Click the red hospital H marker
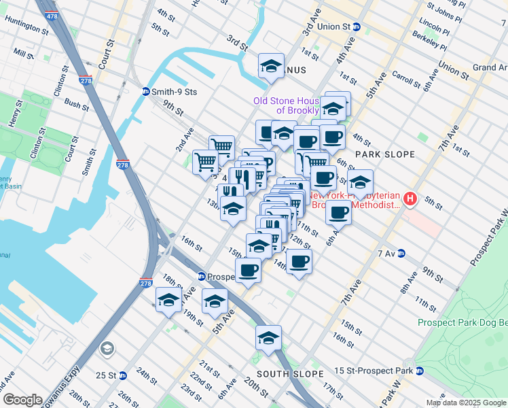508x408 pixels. point(410,199)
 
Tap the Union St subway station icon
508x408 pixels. point(357,27)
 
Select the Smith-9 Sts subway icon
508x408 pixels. point(145,91)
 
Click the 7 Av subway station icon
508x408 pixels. point(401,253)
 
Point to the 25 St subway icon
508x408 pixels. point(123,375)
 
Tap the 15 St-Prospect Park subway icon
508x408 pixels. point(419,371)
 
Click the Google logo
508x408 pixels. point(22,400)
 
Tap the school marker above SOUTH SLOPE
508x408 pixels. point(268,337)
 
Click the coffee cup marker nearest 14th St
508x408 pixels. point(299,260)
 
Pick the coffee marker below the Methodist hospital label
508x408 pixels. point(338,211)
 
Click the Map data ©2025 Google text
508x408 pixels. point(465,403)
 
